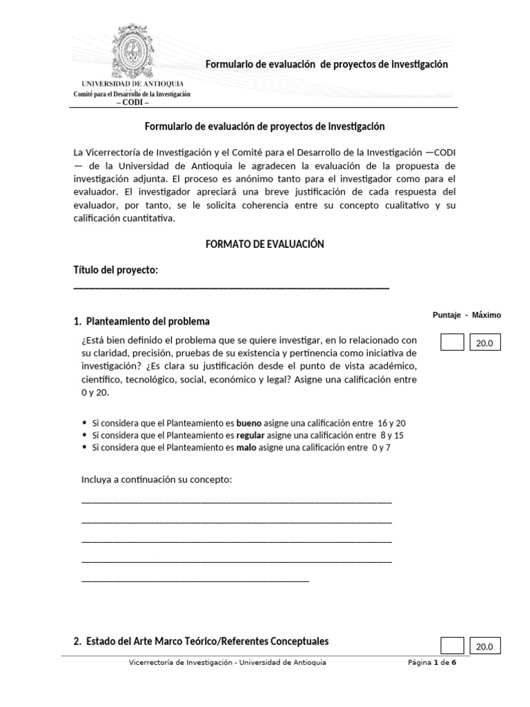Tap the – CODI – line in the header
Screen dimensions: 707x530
pos(132,102)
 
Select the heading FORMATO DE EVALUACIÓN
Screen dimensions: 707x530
pos(264,244)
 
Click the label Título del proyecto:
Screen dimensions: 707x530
pos(116,270)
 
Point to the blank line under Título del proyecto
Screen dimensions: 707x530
pos(231,287)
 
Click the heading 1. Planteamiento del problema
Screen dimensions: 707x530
pos(141,322)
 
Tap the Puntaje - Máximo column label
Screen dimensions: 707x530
pos(467,316)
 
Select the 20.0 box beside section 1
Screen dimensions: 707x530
pos(485,342)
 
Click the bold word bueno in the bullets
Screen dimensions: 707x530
pos(249,423)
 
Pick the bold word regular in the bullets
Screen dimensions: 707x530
pos(251,435)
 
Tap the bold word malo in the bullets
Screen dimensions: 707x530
pos(247,447)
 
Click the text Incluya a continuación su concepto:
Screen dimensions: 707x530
pos(157,479)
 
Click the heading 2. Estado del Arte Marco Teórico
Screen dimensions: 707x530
pos(201,641)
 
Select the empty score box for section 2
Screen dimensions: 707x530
pos(451,646)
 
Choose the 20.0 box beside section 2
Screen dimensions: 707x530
pos(485,646)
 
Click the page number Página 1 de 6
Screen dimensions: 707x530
pos(431,662)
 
